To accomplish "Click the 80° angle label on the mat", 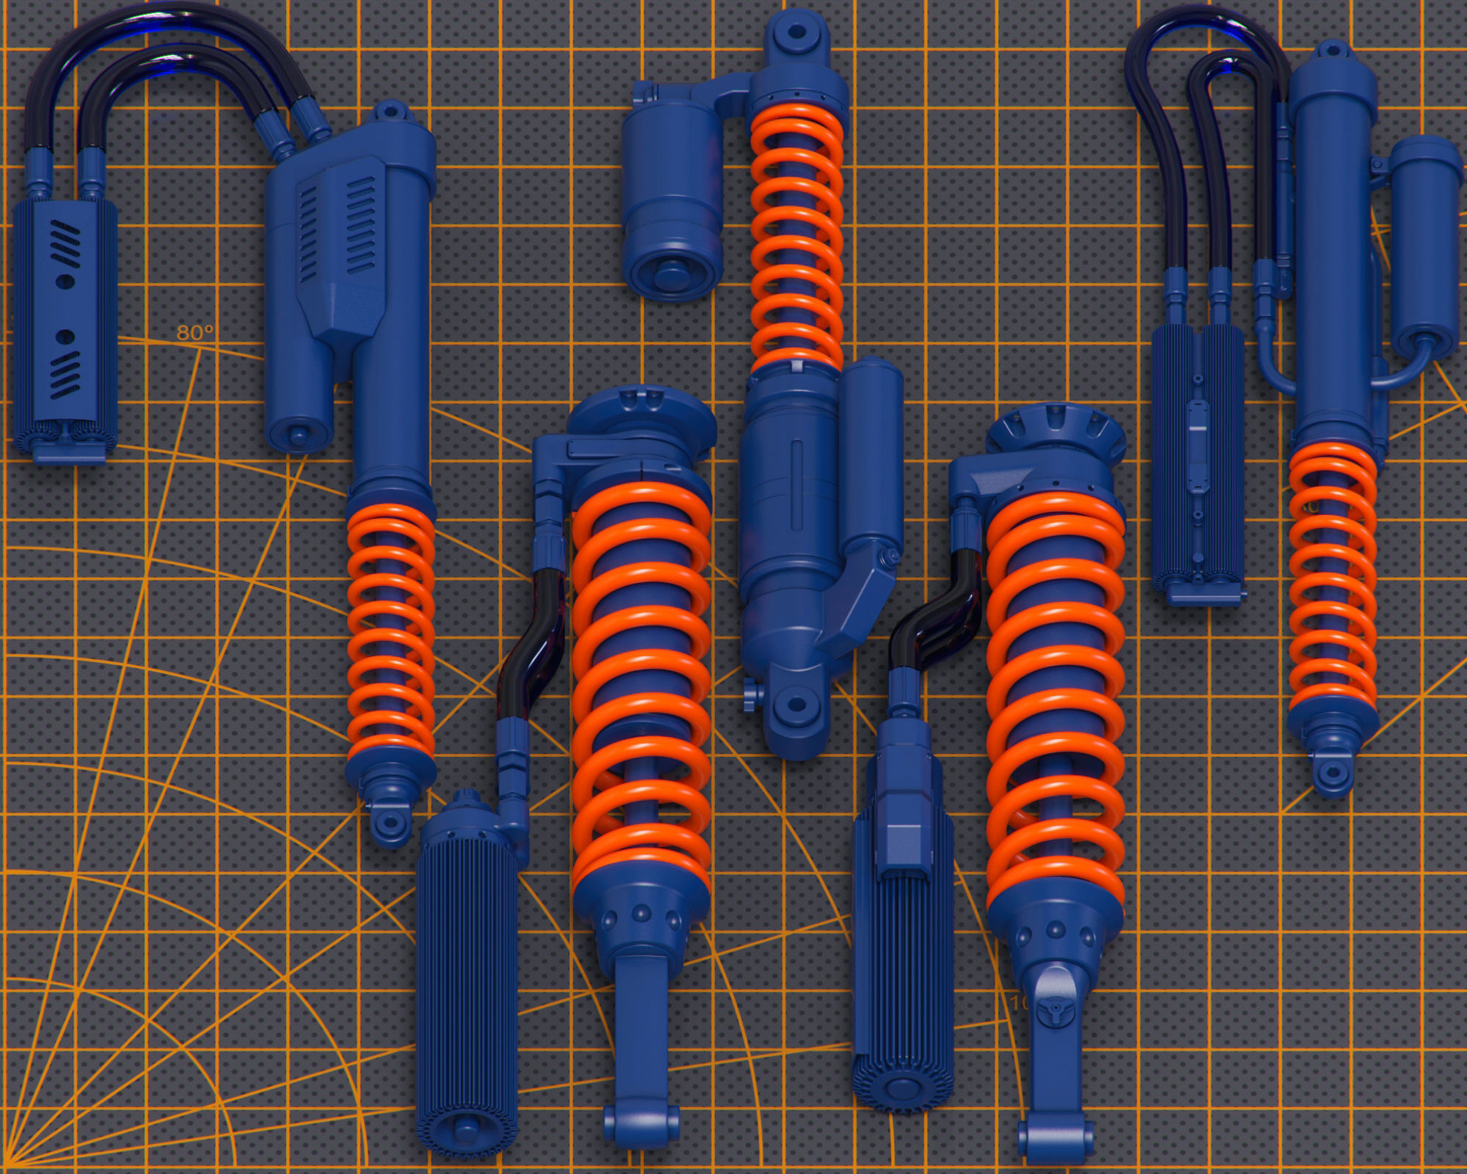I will coord(194,333).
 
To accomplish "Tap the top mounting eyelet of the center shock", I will coord(796,33).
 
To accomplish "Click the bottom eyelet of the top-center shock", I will coord(796,706).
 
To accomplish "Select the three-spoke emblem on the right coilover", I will coord(1056,1013).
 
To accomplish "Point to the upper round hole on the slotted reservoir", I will coord(65,280).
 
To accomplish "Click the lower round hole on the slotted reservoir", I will coord(65,337).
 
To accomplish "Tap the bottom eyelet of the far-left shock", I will coord(390,823).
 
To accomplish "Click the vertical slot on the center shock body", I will coord(797,484).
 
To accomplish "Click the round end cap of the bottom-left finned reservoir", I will coord(465,1127).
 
